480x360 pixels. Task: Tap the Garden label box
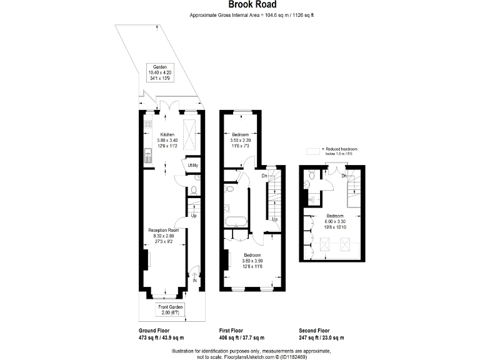tap(159, 73)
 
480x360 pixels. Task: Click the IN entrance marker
tap(195, 281)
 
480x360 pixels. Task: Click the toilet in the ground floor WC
tap(194, 189)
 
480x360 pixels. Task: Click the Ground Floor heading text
tap(153, 331)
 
